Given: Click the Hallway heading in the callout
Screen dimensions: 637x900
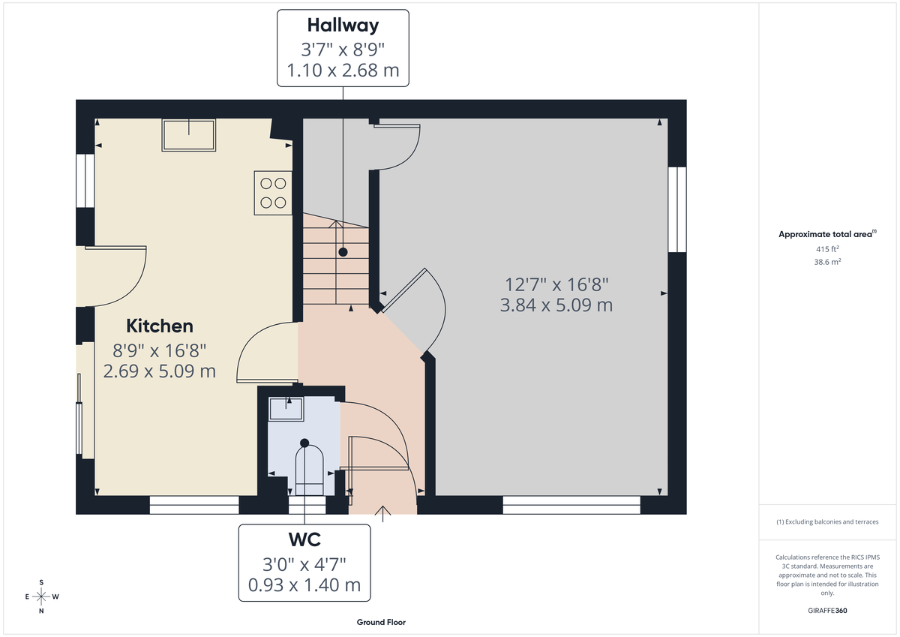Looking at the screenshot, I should point(343,25).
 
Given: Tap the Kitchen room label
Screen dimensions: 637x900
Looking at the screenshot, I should point(159,326).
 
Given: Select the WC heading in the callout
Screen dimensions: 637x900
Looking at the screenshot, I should point(304,539).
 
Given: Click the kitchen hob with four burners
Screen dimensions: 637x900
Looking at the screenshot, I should point(273,193).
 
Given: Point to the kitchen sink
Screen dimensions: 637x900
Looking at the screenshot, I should point(188,135).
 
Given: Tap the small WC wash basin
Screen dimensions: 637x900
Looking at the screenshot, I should point(286,410).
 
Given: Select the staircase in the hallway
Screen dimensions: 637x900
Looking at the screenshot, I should point(336,259).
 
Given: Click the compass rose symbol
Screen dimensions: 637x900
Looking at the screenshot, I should point(41,596).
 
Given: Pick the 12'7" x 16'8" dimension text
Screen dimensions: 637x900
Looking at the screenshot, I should point(556,285).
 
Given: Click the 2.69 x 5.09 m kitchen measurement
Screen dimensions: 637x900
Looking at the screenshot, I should point(159,371).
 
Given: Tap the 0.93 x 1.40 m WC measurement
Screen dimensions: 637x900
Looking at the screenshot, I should point(304,584).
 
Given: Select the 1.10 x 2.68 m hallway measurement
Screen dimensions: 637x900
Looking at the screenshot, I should point(343,71).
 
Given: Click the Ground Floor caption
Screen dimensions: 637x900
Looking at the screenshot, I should point(381,623).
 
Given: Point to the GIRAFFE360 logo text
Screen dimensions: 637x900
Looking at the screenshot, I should point(828,611).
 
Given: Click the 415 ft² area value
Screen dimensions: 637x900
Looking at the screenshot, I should point(827,248).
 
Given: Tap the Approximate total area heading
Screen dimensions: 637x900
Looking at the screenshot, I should point(827,234).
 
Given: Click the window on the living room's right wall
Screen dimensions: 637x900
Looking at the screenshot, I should point(677,209).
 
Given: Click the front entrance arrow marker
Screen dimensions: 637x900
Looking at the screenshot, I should point(383,514).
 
